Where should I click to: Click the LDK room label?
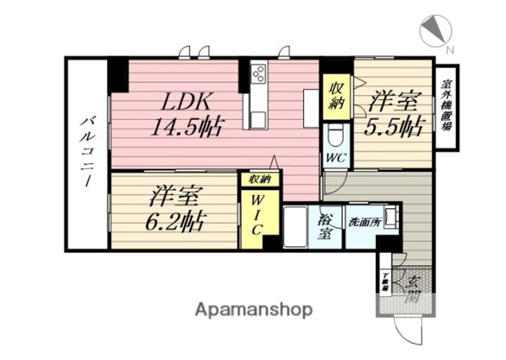188,101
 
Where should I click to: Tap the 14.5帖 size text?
188,127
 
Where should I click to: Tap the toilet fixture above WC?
335,136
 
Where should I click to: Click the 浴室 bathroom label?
325,226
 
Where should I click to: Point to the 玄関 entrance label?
414,288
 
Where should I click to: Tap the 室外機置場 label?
446,107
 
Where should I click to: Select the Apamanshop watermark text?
254,309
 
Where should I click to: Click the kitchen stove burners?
258,73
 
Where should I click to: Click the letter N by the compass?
450,49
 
